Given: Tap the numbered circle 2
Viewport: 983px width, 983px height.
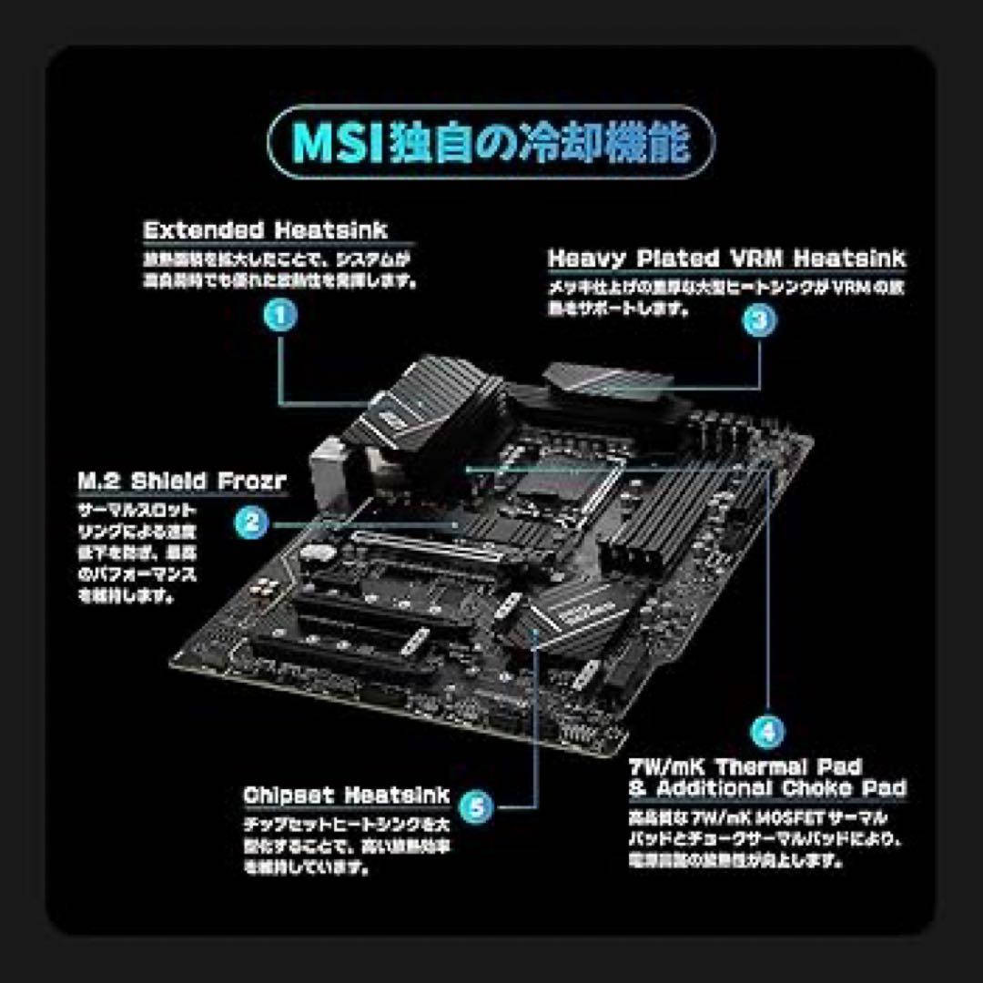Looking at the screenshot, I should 252,523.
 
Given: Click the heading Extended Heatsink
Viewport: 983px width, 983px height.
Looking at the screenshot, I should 265,230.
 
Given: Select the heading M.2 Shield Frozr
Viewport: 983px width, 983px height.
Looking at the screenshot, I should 182,481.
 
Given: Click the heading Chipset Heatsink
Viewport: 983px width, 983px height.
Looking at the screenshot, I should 346,796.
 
